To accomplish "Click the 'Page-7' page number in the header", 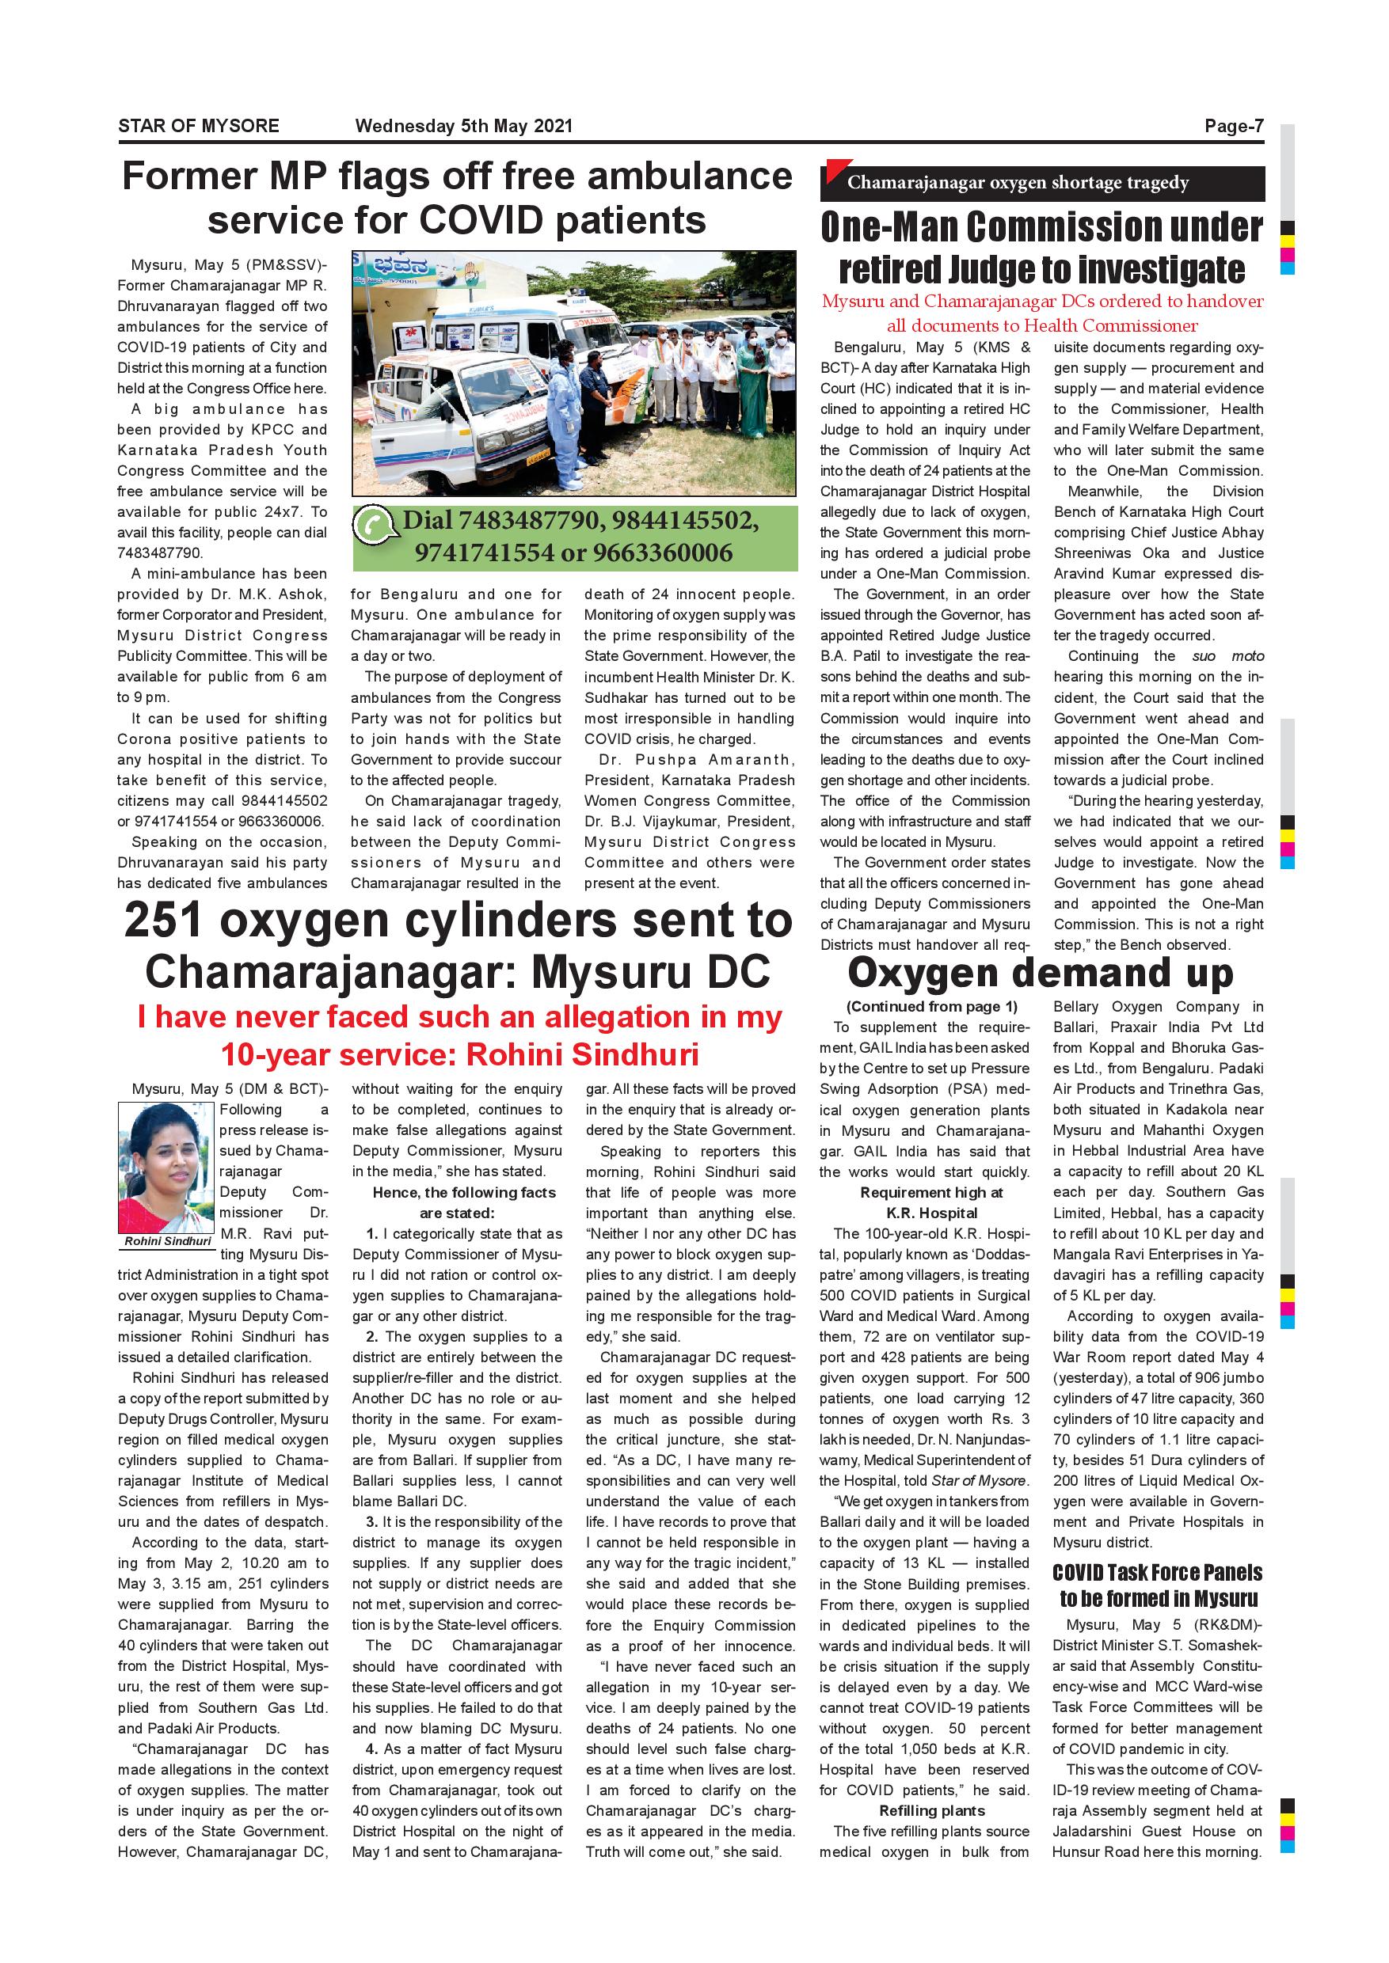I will coord(1233,127).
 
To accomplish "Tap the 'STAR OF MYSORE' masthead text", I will coord(199,127).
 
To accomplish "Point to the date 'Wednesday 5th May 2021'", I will coord(463,127).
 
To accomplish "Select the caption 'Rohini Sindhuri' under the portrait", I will coord(168,1240).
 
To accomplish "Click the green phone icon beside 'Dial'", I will coord(375,526).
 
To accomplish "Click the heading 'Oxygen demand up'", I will coord(1040,974).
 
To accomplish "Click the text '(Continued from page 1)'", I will coord(931,1006).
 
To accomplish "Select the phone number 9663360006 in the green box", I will coord(663,552).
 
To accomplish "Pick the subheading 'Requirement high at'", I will coord(931,1193).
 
